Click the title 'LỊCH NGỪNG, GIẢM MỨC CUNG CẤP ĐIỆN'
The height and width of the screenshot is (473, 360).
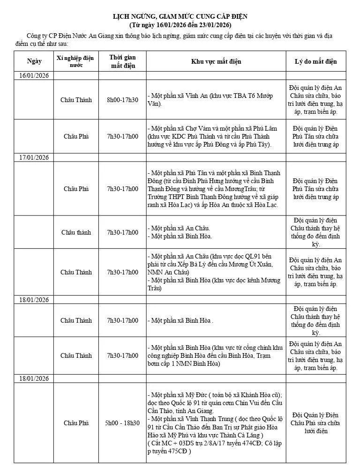[x=180, y=16]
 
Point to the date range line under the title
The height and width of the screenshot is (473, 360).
[x=180, y=24]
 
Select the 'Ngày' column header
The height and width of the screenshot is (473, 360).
[x=34, y=61]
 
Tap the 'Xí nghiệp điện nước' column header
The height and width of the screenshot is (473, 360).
[x=75, y=61]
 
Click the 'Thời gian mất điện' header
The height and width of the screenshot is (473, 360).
[x=122, y=61]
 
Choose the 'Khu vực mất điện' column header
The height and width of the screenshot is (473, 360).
[x=216, y=61]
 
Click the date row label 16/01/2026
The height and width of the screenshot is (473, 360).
[x=34, y=75]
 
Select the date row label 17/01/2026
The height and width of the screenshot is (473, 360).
[x=34, y=157]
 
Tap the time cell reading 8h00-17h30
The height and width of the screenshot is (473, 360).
[x=122, y=100]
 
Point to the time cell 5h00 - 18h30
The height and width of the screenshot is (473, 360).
[x=122, y=423]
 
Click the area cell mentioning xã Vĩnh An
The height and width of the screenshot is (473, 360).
[x=216, y=100]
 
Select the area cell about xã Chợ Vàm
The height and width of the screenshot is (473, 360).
[x=216, y=136]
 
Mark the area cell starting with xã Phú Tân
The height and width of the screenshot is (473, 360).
[x=216, y=189]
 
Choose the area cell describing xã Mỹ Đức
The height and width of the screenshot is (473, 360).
[x=216, y=423]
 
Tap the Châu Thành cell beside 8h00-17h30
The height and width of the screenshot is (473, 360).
[x=76, y=100]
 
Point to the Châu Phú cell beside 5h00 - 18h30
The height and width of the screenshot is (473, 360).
[x=76, y=423]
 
